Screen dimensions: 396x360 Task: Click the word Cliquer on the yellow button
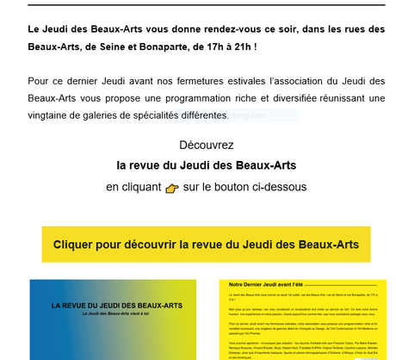tap(77, 245)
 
